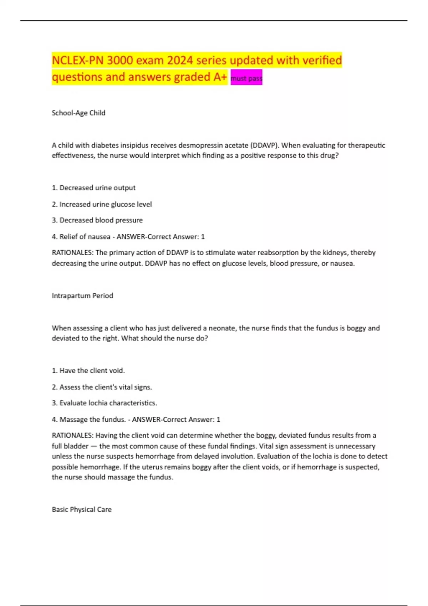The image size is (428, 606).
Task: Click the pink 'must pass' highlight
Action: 246,78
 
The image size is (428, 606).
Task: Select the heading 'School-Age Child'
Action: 78,113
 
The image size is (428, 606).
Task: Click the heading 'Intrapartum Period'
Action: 82,296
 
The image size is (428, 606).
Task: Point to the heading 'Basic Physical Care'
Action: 82,510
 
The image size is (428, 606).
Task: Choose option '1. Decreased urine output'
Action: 94,188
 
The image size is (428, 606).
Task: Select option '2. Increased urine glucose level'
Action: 102,204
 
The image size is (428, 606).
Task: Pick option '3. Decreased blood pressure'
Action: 97,220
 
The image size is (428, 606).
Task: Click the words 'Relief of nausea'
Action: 85,237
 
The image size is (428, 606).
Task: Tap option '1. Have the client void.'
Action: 88,371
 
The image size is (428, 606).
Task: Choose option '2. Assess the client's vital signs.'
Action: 102,387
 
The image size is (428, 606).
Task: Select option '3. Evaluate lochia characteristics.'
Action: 105,403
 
